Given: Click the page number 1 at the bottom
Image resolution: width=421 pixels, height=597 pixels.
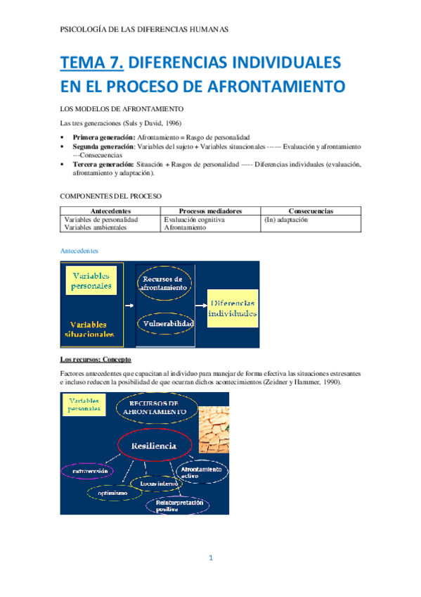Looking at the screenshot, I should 209,558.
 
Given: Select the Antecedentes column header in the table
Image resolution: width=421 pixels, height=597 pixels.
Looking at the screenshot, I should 110,210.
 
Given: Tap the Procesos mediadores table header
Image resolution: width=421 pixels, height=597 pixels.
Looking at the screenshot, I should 210,210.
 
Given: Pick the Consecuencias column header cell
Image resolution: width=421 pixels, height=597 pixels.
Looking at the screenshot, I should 311,210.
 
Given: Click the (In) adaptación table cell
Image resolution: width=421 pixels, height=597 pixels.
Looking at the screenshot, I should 286,220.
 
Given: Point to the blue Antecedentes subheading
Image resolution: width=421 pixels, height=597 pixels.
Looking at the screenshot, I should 79,250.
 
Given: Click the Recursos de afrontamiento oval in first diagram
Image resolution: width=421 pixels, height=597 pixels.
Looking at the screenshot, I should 164,284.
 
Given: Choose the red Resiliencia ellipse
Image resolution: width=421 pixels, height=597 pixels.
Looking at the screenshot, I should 155,446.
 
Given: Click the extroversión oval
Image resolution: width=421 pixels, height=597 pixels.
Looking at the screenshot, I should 89,471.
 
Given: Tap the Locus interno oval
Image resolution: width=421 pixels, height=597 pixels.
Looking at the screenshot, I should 155,484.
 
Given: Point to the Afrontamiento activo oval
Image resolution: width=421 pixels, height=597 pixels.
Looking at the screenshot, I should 202,473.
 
